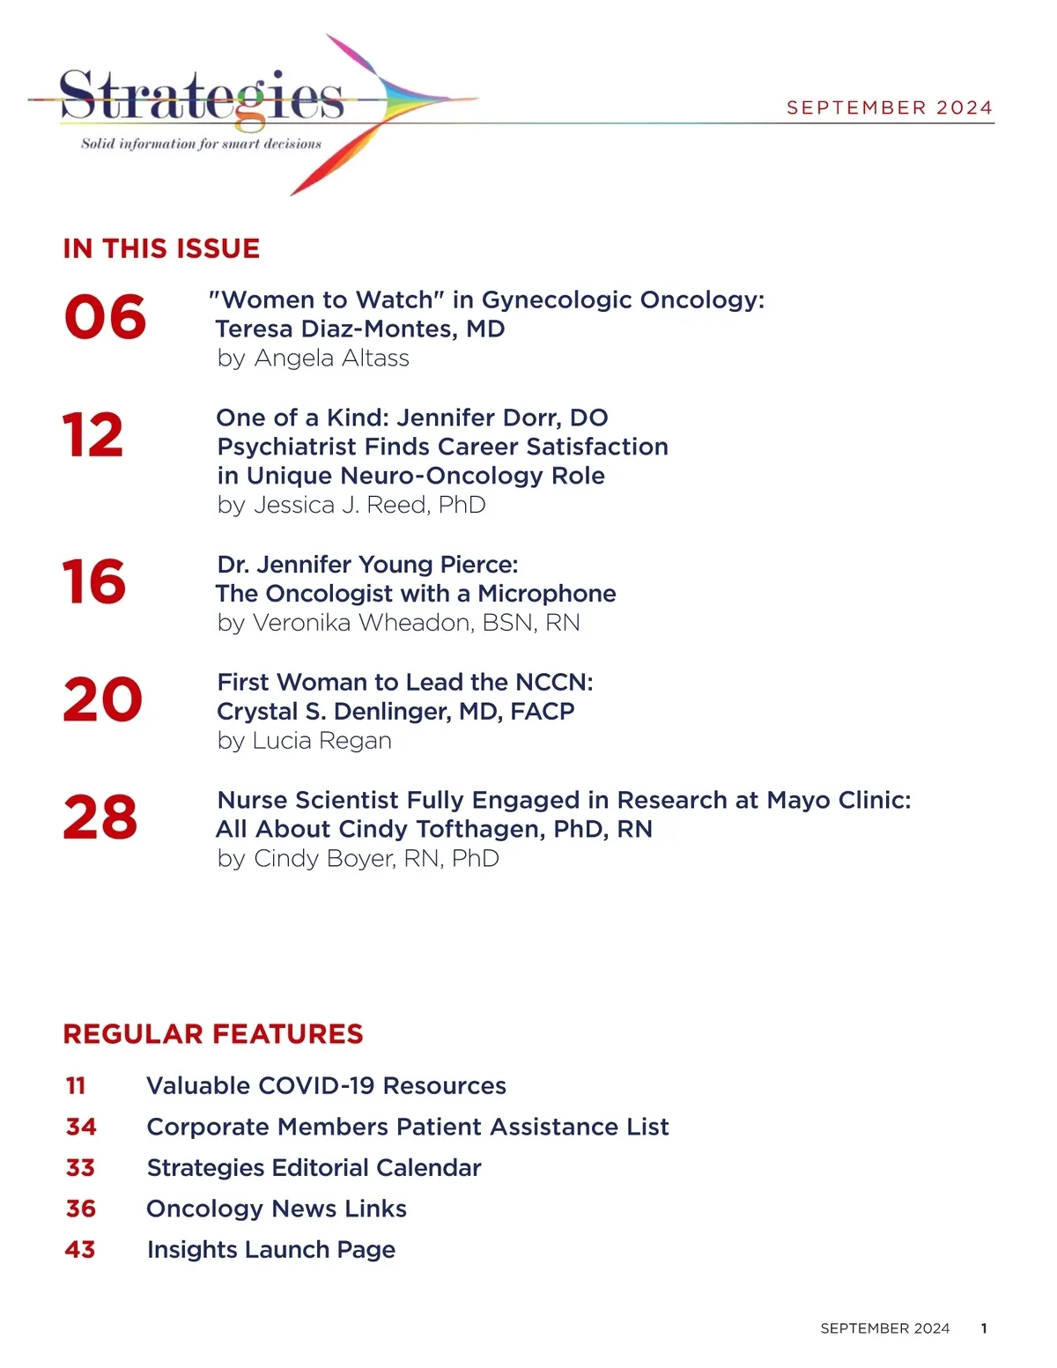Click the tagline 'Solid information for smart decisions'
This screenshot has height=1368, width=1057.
pyautogui.click(x=201, y=144)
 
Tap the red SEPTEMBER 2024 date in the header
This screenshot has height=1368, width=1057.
pyautogui.click(x=890, y=107)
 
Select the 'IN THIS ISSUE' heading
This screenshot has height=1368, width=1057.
pyautogui.click(x=161, y=248)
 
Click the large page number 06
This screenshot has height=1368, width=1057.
pyautogui.click(x=105, y=317)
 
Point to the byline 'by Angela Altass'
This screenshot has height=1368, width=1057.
pyautogui.click(x=313, y=359)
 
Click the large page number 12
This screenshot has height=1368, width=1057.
pyautogui.click(x=92, y=435)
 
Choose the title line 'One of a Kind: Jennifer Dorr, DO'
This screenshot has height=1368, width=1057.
pyautogui.click(x=412, y=418)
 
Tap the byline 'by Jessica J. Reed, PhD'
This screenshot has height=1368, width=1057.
pyautogui.click(x=351, y=505)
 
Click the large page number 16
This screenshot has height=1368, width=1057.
pyautogui.click(x=93, y=582)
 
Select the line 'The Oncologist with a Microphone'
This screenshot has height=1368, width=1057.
pyautogui.click(x=416, y=594)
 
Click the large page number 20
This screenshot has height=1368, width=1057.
pyautogui.click(x=102, y=699)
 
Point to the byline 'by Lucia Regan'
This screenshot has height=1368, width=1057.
pyautogui.click(x=304, y=741)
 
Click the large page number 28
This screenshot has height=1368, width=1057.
pyautogui.click(x=100, y=817)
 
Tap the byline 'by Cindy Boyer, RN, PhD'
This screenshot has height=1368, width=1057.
pyautogui.click(x=358, y=858)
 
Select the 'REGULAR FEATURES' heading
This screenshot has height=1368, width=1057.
pyautogui.click(x=213, y=1034)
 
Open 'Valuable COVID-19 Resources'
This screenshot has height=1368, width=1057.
pyautogui.click(x=326, y=1085)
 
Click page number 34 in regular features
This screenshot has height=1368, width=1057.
pyautogui.click(x=81, y=1127)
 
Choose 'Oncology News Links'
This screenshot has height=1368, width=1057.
pyautogui.click(x=277, y=1209)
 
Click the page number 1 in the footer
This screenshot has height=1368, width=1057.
pyautogui.click(x=984, y=1328)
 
